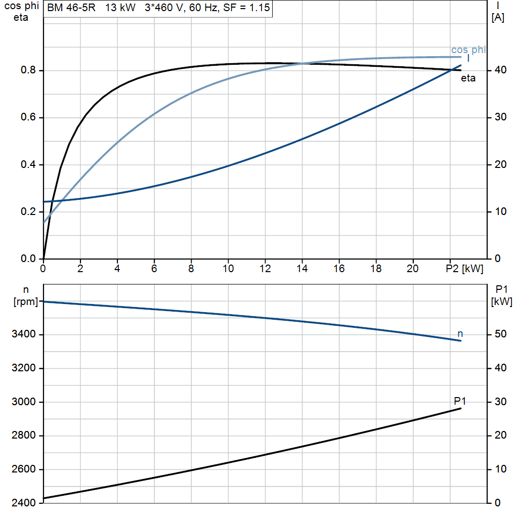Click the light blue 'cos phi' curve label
click(x=468, y=50)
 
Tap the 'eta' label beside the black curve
click(x=468, y=78)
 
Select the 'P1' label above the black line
click(x=460, y=401)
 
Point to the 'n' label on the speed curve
click(x=460, y=334)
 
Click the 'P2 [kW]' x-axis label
click(x=464, y=269)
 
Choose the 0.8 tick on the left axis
click(x=28, y=70)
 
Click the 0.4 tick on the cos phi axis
click(x=28, y=164)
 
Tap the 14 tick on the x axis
click(x=302, y=269)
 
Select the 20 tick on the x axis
click(x=413, y=269)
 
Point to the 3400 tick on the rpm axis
click(x=23, y=334)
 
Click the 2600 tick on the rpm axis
click(x=23, y=469)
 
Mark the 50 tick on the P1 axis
click(x=500, y=334)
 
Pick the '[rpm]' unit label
click(x=25, y=301)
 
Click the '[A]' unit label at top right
click(x=498, y=18)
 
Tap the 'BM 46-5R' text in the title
click(x=71, y=8)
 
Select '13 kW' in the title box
click(x=120, y=8)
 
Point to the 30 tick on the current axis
click(x=500, y=117)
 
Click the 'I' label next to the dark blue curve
click(x=468, y=59)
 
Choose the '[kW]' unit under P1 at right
click(x=501, y=301)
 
